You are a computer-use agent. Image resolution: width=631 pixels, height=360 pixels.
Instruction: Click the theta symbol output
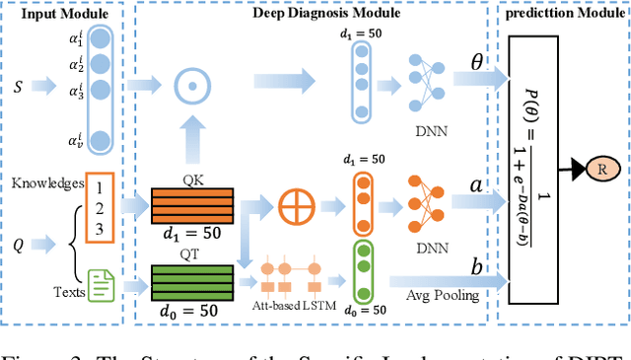(x=475, y=62)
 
